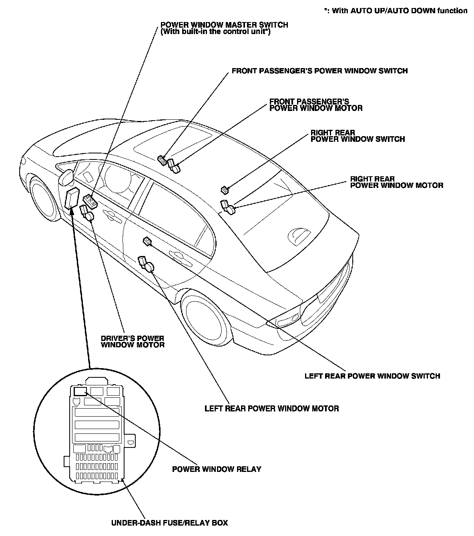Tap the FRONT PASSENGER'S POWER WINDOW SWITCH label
click(319, 71)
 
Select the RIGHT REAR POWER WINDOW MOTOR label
click(396, 182)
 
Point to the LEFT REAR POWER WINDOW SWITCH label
click(372, 376)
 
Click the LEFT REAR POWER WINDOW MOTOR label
click(271, 409)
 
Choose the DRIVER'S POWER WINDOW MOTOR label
click(133, 341)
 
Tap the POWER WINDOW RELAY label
click(217, 469)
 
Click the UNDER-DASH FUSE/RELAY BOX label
click(169, 523)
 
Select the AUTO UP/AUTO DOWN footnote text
click(396, 11)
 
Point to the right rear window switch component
click(225, 189)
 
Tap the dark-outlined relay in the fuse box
click(80, 391)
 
